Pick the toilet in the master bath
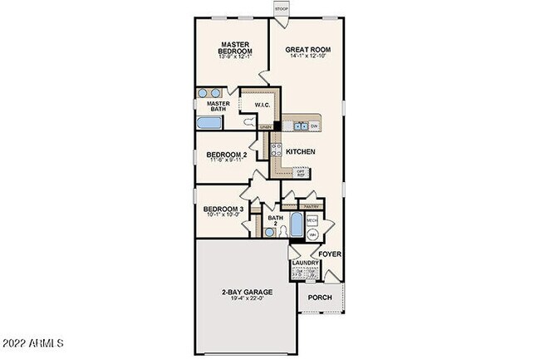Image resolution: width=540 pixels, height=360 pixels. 248,121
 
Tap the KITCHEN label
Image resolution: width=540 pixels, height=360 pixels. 300,152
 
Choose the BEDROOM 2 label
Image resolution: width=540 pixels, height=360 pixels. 226,155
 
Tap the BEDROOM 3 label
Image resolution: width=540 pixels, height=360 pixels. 223,209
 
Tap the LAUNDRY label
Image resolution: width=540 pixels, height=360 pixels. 306,264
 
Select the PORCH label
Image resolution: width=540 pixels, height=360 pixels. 320,298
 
